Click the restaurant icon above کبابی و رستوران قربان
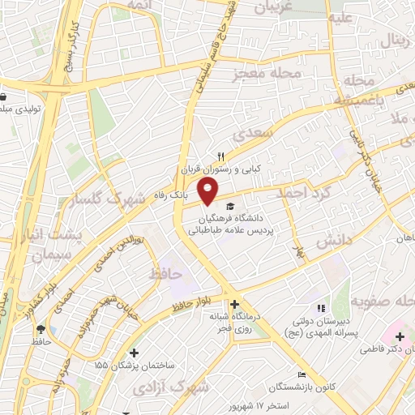220,156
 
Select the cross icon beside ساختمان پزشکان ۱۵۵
134,353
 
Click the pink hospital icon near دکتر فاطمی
398,336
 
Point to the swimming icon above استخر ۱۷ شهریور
302,375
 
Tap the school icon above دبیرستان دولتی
320,307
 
